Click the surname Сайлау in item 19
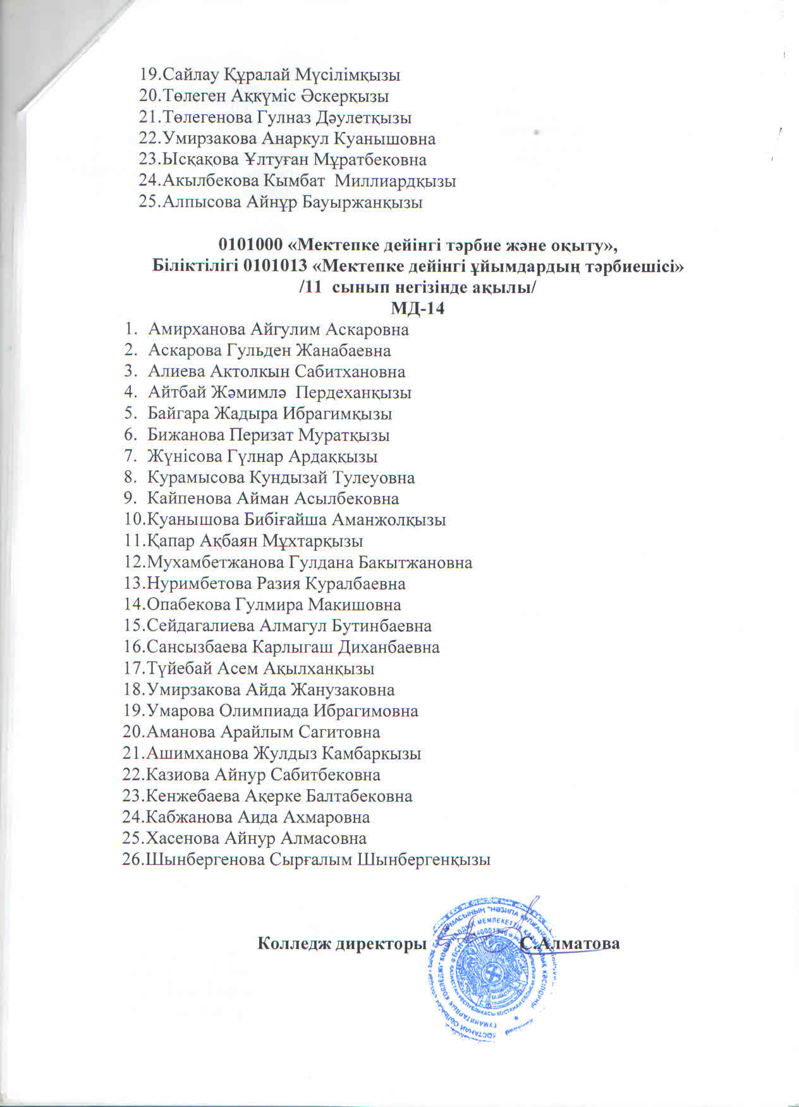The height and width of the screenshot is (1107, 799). [190, 75]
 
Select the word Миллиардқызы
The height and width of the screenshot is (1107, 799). [395, 181]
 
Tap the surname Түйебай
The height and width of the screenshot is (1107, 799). [178, 669]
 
